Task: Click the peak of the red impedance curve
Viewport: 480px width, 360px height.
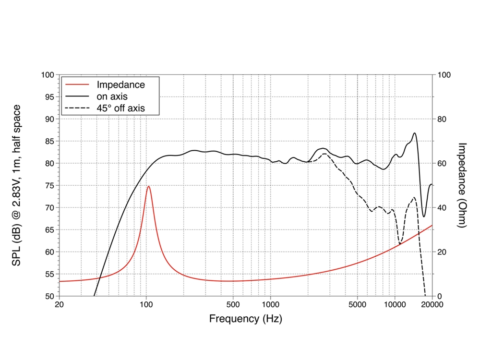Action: click(149, 186)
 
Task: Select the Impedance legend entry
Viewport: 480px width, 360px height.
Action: click(120, 85)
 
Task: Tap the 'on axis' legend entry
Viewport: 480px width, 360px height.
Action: click(113, 97)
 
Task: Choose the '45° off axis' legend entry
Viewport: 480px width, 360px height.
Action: click(120, 109)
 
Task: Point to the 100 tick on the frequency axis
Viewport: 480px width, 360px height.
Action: click(146, 304)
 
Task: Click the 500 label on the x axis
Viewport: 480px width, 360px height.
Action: click(233, 304)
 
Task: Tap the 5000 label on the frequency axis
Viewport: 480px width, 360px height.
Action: click(357, 304)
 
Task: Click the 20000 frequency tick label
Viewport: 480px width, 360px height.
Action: click(432, 304)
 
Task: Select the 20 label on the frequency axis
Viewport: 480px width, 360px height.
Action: click(59, 304)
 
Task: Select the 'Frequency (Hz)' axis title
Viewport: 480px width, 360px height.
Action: click(245, 318)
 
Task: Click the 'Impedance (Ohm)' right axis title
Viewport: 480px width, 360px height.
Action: click(462, 185)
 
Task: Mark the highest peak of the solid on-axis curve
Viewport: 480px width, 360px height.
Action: click(415, 133)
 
